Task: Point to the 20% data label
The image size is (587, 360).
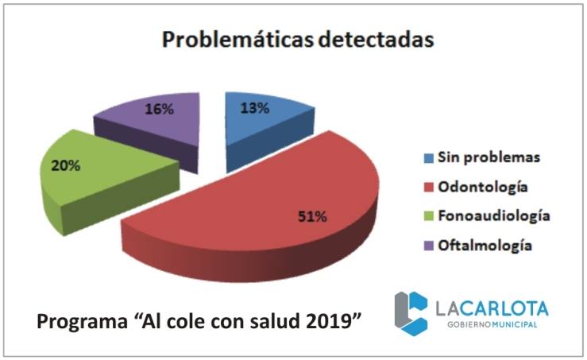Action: (x=66, y=168)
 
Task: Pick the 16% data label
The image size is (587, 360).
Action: (x=159, y=109)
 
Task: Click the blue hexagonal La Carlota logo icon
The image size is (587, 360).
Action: (x=412, y=312)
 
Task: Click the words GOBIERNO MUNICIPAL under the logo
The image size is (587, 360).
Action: (x=492, y=325)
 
